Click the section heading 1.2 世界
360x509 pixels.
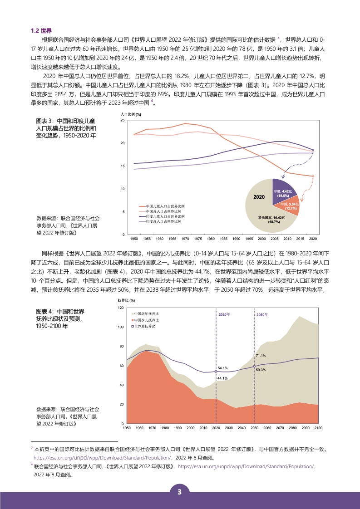(x=41, y=31)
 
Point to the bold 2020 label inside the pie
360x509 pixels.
(x=259, y=198)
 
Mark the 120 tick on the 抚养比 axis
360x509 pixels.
(x=120, y=308)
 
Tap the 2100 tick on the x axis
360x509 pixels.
(x=318, y=428)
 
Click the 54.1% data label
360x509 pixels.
(x=222, y=368)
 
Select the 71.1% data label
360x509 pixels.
(x=261, y=356)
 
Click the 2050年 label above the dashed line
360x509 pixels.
(x=262, y=314)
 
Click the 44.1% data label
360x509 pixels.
(x=222, y=378)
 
